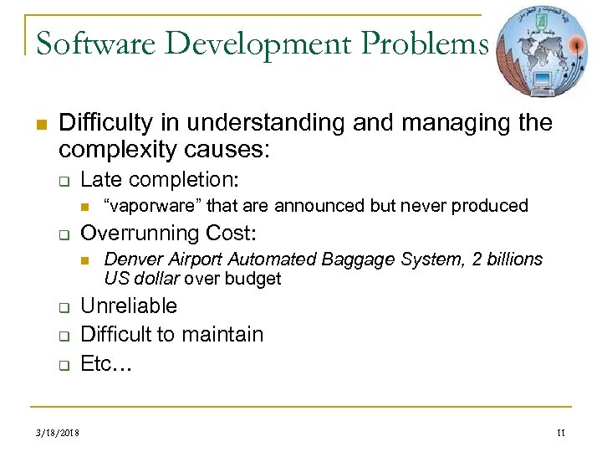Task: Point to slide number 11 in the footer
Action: point(560,432)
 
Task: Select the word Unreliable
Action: point(128,306)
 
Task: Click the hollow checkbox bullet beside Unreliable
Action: point(62,307)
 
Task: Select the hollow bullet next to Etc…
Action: point(62,365)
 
